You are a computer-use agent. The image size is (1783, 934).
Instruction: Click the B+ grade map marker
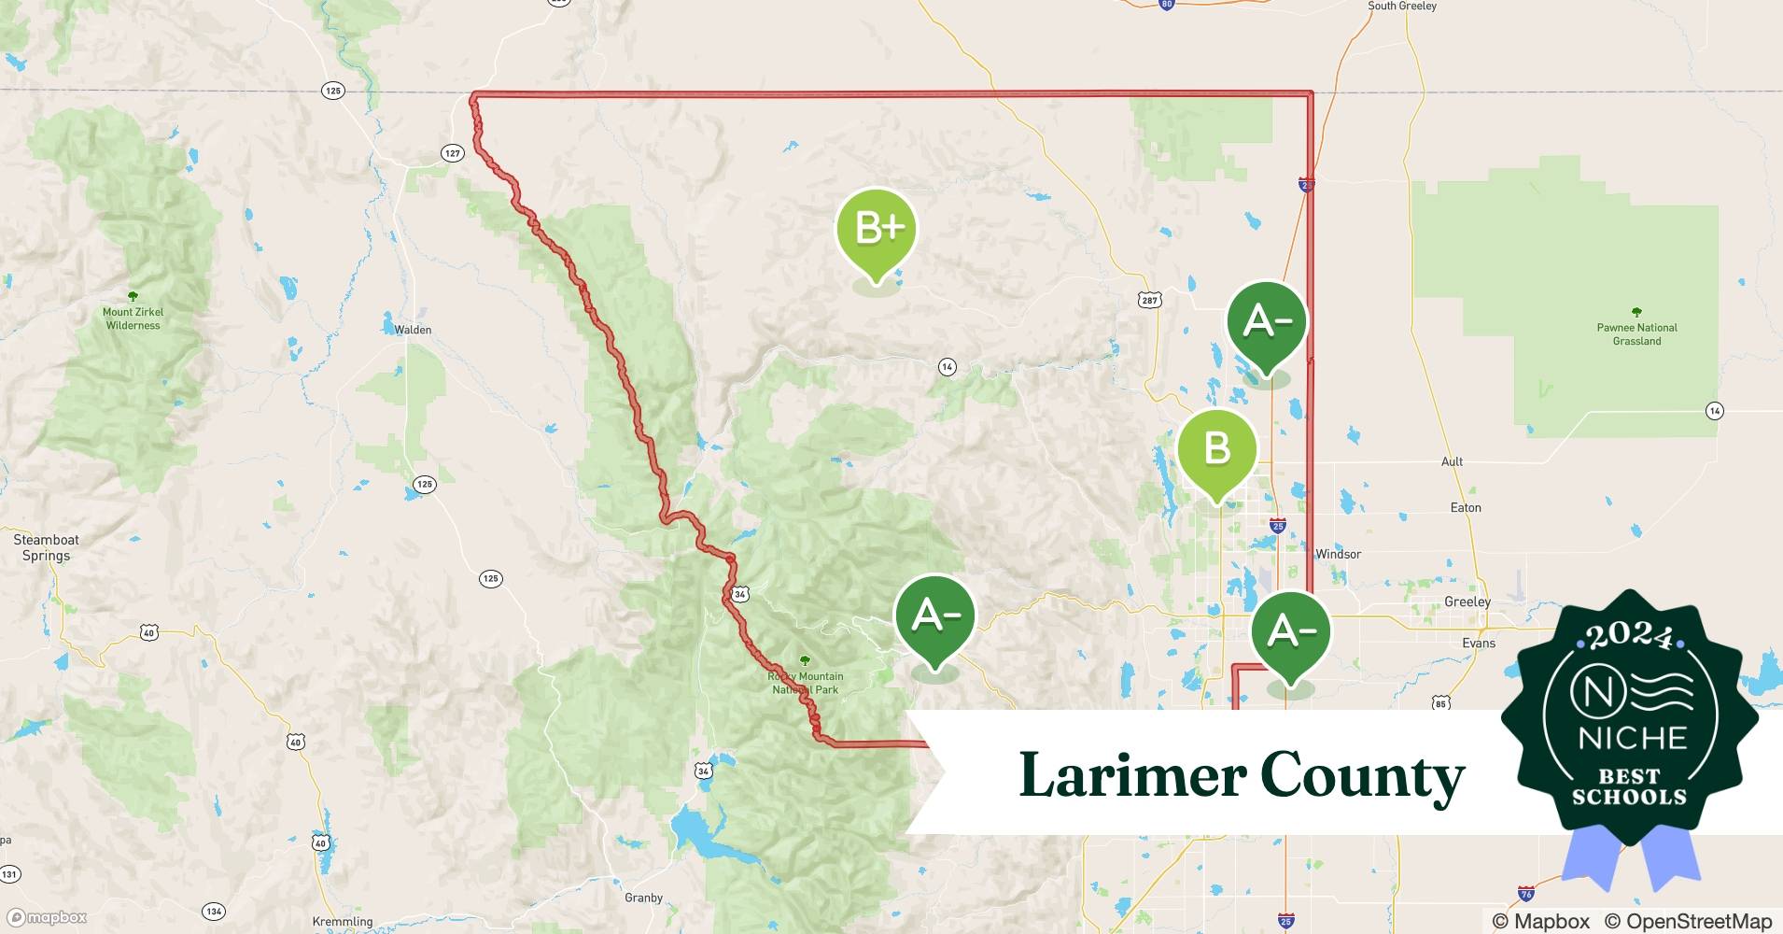(x=876, y=230)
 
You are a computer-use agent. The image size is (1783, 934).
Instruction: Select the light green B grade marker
(x=1216, y=450)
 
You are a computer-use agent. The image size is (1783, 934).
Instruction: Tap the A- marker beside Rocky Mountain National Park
(x=934, y=616)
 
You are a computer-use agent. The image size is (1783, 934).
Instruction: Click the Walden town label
(x=413, y=330)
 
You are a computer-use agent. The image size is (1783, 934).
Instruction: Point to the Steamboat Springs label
(x=46, y=547)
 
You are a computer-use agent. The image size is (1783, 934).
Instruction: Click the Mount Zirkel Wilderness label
(x=133, y=318)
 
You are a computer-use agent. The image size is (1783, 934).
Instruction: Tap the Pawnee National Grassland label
(x=1636, y=334)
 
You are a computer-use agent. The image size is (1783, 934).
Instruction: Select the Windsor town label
(x=1338, y=554)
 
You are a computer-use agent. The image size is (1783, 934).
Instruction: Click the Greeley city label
(x=1467, y=601)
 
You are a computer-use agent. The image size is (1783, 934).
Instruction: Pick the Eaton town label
(x=1466, y=508)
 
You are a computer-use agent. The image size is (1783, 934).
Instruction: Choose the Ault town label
(x=1452, y=461)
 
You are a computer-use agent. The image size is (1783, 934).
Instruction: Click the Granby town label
(x=643, y=898)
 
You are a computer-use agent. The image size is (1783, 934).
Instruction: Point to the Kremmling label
(x=343, y=921)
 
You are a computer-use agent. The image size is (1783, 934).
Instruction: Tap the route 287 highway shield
(x=1149, y=300)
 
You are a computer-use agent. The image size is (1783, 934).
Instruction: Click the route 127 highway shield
(x=452, y=153)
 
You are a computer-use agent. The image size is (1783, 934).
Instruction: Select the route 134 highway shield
(x=214, y=911)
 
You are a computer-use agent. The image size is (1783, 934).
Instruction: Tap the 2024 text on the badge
(x=1629, y=637)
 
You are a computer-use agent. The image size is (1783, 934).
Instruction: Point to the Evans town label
(x=1479, y=643)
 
